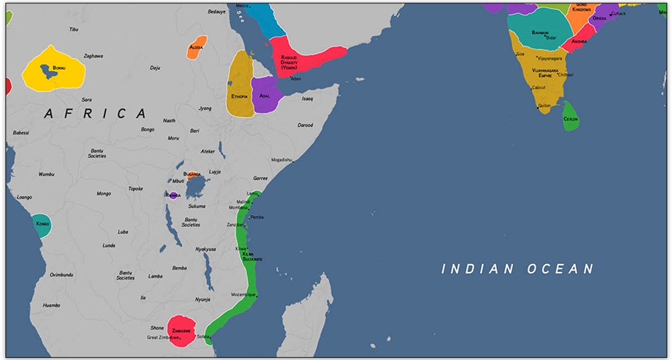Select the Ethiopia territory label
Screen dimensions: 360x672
(240, 96)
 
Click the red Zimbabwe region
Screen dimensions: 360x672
(181, 330)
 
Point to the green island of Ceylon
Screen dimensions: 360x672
(571, 118)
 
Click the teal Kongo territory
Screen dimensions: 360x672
(42, 224)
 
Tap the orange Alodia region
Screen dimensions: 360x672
(196, 48)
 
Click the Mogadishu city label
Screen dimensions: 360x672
(282, 160)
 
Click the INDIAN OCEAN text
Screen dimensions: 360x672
(517, 269)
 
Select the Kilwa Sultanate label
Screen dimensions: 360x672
(252, 256)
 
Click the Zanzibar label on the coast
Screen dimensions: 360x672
(235, 224)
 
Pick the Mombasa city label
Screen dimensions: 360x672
(238, 208)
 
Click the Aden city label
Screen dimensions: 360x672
(296, 79)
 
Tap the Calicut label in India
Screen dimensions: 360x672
(538, 87)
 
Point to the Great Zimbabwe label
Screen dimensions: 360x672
(162, 338)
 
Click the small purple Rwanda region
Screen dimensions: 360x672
(173, 195)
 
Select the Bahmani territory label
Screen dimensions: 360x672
(540, 32)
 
